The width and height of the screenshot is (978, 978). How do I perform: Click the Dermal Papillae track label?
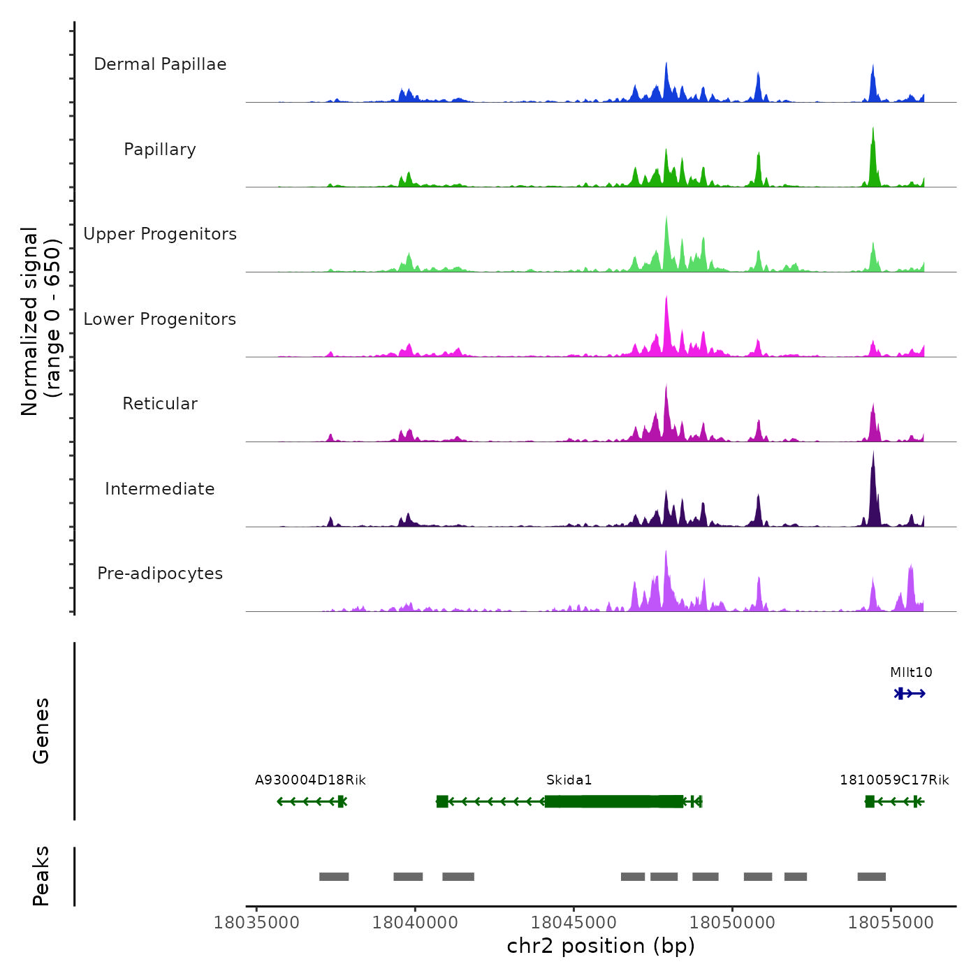coord(160,64)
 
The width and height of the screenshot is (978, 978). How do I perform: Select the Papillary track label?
coord(160,149)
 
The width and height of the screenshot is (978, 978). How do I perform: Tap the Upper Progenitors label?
coord(160,234)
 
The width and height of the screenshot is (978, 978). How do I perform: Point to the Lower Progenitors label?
coord(160,319)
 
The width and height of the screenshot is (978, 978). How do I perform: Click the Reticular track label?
coord(160,404)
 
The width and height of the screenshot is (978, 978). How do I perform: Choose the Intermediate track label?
coord(160,489)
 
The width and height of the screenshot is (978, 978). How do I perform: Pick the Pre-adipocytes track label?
coord(160,574)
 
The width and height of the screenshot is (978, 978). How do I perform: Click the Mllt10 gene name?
coord(911,673)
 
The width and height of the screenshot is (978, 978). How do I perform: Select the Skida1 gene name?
coord(569,780)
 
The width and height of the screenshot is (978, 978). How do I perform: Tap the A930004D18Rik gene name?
coord(310,780)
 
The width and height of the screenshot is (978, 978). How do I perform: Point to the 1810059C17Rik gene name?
coord(894,780)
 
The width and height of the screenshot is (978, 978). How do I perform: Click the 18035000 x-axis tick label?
coord(256,923)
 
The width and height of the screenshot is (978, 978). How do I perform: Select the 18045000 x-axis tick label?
coord(574,923)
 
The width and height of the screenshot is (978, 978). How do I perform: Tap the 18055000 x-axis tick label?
coord(891,923)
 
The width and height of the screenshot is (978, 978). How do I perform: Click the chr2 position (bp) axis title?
coord(601,946)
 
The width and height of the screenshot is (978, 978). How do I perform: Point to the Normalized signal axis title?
coord(41,321)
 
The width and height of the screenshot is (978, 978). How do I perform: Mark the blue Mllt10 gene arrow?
coord(910,694)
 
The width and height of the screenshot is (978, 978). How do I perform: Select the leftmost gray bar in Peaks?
coord(334,877)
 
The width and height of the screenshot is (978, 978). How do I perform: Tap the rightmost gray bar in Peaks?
coord(871,877)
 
